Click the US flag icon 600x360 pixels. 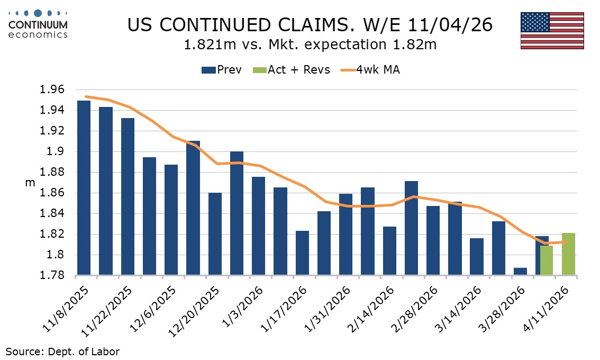click(552, 31)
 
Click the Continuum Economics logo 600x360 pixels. click(38, 24)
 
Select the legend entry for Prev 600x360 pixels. click(222, 70)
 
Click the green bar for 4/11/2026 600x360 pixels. click(568, 254)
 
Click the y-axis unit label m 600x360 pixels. click(30, 183)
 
